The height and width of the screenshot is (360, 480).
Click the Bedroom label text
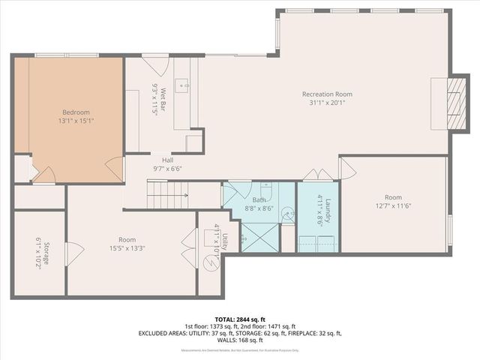coord(76,112)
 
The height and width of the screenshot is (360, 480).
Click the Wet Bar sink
coord(182,86)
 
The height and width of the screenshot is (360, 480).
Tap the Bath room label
coord(259,199)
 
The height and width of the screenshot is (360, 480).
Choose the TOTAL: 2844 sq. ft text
coord(240,319)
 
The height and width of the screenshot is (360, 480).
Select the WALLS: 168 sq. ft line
coord(240,340)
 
